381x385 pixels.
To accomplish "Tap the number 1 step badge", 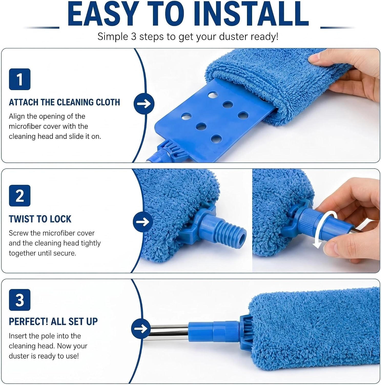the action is coord(20,79).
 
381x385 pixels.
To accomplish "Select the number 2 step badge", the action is coord(20,196).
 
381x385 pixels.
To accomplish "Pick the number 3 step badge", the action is coord(20,300).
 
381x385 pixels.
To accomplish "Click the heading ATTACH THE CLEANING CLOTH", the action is coord(64,102).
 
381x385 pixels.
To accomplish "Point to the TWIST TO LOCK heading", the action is coord(40,219).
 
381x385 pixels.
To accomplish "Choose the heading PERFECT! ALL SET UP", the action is coord(53,321).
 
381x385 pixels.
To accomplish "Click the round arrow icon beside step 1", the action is coord(144,104).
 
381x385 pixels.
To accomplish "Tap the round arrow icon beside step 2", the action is coord(143,222).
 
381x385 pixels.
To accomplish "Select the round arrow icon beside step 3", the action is coord(141,329).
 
